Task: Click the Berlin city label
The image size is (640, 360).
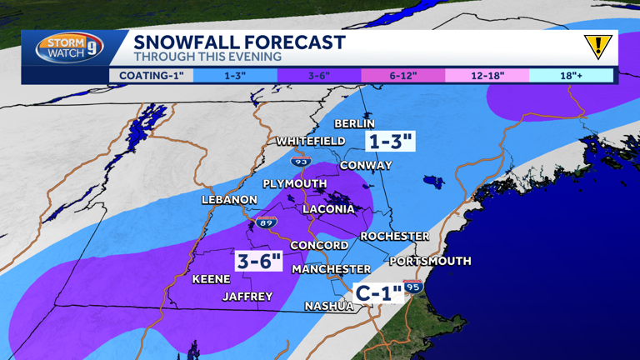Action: pyautogui.click(x=354, y=124)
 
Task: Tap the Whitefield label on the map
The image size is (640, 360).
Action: pyautogui.click(x=310, y=142)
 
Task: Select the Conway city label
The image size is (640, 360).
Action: pyautogui.click(x=365, y=166)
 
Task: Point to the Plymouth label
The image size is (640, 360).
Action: pyautogui.click(x=295, y=183)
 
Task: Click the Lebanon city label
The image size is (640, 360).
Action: pyautogui.click(x=229, y=200)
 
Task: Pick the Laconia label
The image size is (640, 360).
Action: pyautogui.click(x=328, y=209)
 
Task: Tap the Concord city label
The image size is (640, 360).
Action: pyautogui.click(x=319, y=246)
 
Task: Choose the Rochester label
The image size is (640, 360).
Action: pyautogui.click(x=394, y=237)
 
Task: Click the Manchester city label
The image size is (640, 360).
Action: pyautogui.click(x=331, y=270)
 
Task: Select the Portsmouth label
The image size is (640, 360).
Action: pyautogui.click(x=430, y=262)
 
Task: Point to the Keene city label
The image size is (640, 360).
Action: pyautogui.click(x=211, y=280)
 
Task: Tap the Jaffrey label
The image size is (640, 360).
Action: pyautogui.click(x=247, y=297)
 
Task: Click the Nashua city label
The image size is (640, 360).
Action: pyautogui.click(x=328, y=307)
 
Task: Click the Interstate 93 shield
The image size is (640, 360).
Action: pyautogui.click(x=300, y=159)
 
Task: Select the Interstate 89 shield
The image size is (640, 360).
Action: pyautogui.click(x=267, y=223)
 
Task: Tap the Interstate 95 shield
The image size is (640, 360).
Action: pyautogui.click(x=413, y=287)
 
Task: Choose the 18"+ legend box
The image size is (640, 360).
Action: pyautogui.click(x=571, y=76)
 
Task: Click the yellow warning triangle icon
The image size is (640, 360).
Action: pyautogui.click(x=597, y=47)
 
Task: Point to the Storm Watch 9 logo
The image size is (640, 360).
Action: pyautogui.click(x=69, y=48)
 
